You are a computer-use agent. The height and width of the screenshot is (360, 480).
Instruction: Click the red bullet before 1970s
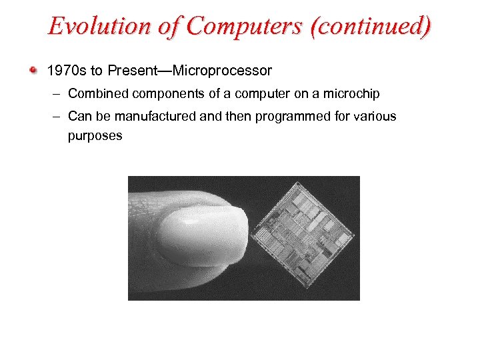tap(33, 69)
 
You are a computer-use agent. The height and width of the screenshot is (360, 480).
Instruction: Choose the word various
tap(374, 116)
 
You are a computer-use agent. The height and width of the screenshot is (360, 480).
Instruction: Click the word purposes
tap(95, 135)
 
